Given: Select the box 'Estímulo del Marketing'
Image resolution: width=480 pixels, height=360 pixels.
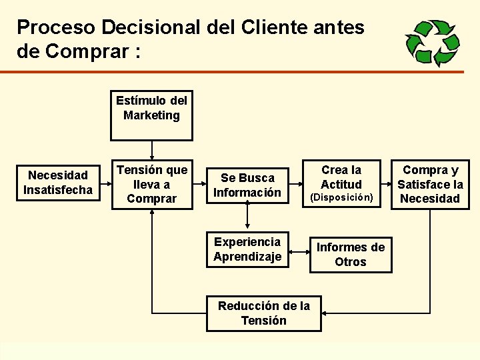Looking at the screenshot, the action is [x=151, y=115].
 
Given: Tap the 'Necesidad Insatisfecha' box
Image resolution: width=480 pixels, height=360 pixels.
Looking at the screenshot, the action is [x=58, y=183].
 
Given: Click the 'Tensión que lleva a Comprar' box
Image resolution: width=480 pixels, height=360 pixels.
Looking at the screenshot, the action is [x=151, y=184].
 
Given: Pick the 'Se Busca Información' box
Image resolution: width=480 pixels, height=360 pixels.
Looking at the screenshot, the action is [x=247, y=185].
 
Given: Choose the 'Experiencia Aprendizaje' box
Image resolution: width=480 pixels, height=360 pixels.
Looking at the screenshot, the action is [x=247, y=249].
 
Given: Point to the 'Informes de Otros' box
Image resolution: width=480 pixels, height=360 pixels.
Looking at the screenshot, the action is [x=351, y=255].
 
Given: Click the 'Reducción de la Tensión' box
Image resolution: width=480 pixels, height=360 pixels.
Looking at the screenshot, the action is [x=263, y=313].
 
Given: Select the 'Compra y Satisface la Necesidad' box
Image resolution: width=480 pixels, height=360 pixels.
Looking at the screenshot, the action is [x=430, y=184].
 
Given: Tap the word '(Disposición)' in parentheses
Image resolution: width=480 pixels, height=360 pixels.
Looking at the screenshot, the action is [x=341, y=197].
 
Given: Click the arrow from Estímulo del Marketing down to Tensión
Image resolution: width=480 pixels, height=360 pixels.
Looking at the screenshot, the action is [x=152, y=150].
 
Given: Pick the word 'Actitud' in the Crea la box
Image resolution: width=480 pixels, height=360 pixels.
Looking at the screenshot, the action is [x=341, y=184].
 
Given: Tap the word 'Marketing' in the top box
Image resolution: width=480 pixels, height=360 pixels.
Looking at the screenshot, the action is [x=151, y=115].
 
